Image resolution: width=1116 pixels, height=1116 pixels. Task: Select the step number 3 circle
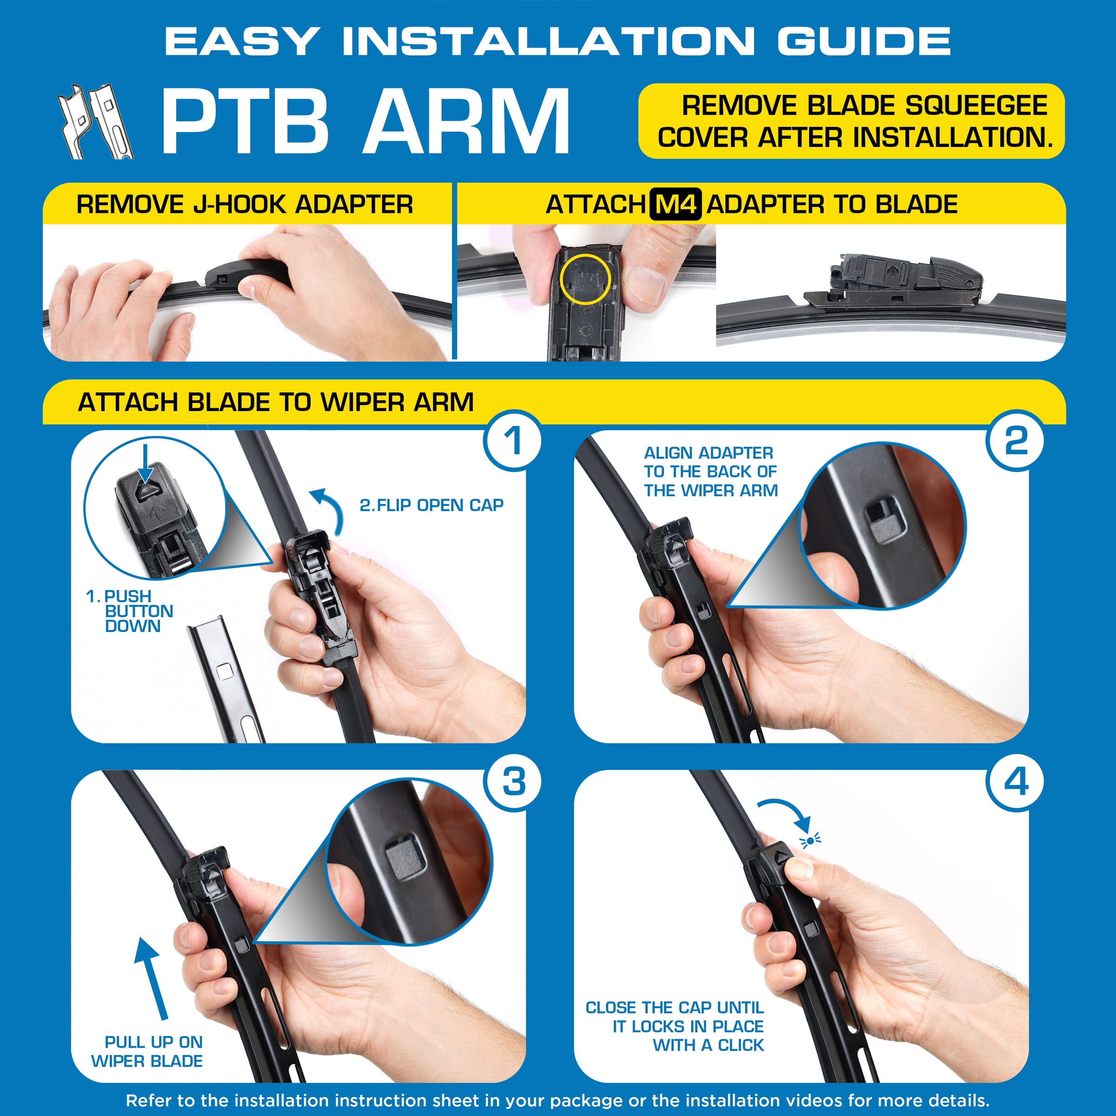coord(513,782)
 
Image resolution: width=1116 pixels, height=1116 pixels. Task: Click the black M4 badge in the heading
coord(675,205)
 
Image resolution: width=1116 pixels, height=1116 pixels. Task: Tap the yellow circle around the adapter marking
coord(585,279)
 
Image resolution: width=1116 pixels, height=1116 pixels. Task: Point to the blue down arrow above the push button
coord(145,462)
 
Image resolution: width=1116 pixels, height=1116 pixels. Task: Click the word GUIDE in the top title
coord(864,41)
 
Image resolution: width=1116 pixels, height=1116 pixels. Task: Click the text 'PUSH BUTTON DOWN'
coord(130,611)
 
